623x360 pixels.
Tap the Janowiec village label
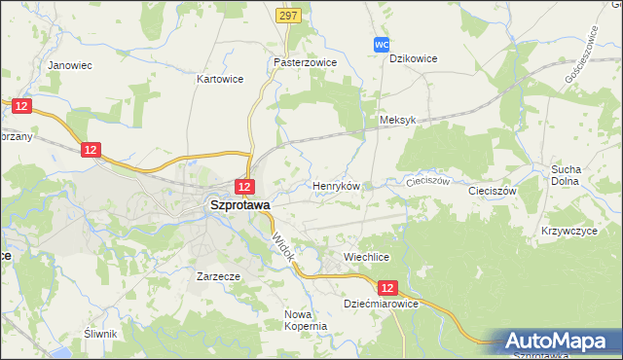point(69,65)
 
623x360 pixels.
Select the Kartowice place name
point(220,78)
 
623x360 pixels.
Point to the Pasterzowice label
point(305,60)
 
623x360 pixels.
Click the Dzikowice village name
point(413,58)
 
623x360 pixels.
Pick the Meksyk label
point(397,120)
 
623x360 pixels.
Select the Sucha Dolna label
point(565,174)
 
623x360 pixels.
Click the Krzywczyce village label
point(568,232)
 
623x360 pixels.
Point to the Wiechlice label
point(366,257)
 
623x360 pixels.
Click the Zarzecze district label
point(218,276)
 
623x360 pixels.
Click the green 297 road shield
point(287,16)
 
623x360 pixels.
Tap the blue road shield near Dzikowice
point(383,45)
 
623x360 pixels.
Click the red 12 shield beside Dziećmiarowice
point(389,288)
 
